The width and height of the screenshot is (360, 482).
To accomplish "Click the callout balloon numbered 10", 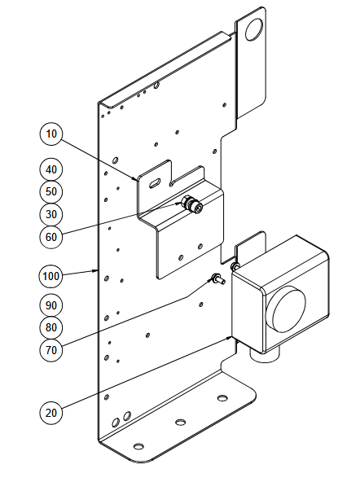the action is [x=51, y=134].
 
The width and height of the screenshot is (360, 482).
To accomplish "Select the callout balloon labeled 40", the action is [x=51, y=169].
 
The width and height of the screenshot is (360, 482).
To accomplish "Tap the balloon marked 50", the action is [x=51, y=191].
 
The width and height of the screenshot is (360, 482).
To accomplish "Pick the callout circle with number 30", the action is [x=51, y=214].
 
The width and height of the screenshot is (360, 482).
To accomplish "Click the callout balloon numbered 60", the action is [x=51, y=237].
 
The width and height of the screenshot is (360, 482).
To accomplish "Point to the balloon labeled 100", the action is [x=51, y=276].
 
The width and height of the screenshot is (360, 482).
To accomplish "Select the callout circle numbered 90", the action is [x=51, y=305].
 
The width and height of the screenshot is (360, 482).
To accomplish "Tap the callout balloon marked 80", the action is [x=51, y=327].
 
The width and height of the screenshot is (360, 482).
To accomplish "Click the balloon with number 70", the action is [x=51, y=350].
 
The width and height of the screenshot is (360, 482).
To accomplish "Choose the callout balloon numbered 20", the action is [x=51, y=413].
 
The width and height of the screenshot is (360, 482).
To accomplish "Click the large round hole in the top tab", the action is [x=254, y=29].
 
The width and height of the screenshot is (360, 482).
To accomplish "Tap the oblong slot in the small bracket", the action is [x=155, y=182].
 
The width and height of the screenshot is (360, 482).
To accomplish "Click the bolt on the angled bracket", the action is [x=191, y=204].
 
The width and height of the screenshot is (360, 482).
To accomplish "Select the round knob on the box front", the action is [x=286, y=309].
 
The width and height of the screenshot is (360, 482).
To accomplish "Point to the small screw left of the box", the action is [x=217, y=278].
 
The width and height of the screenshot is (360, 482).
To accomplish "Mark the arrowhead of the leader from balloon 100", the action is [x=96, y=271].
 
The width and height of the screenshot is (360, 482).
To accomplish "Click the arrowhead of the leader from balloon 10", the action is [x=135, y=178].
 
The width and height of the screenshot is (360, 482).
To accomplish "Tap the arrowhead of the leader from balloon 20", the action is [x=230, y=338].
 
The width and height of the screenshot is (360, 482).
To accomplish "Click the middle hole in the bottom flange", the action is [x=181, y=422].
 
